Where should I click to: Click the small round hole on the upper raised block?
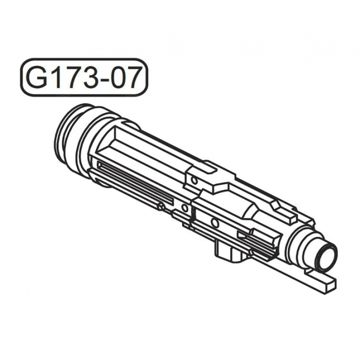(195, 182)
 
